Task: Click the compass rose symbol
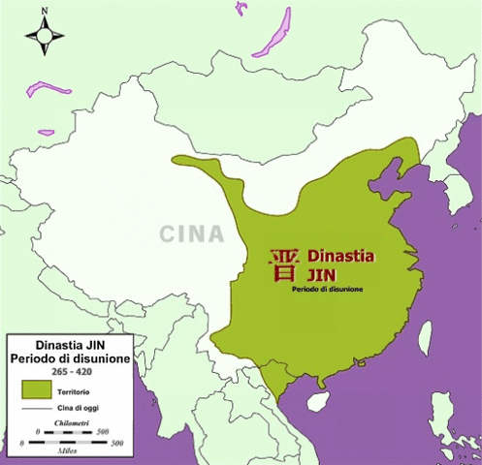[45, 36]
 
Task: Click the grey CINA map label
[191, 233]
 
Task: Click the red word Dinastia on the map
[339, 257]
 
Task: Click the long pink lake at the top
[274, 36]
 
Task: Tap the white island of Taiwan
[425, 336]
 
